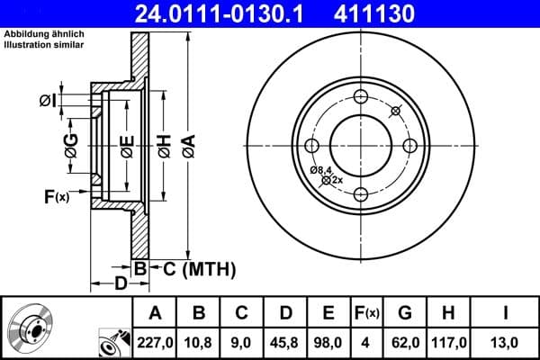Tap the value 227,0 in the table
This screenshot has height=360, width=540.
(156, 341)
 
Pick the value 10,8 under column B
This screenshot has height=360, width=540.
(200, 341)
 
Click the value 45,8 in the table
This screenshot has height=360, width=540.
(286, 341)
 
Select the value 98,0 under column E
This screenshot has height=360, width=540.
(328, 341)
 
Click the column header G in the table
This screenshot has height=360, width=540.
(405, 313)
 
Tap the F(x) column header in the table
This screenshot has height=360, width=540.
(366, 313)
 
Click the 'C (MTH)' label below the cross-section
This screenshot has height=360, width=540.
(193, 268)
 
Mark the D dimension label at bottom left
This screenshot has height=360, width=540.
(120, 284)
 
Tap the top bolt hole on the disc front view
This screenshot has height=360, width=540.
(361, 98)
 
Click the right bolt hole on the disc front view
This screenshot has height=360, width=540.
(409, 146)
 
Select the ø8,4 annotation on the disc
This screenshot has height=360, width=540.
(320, 169)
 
